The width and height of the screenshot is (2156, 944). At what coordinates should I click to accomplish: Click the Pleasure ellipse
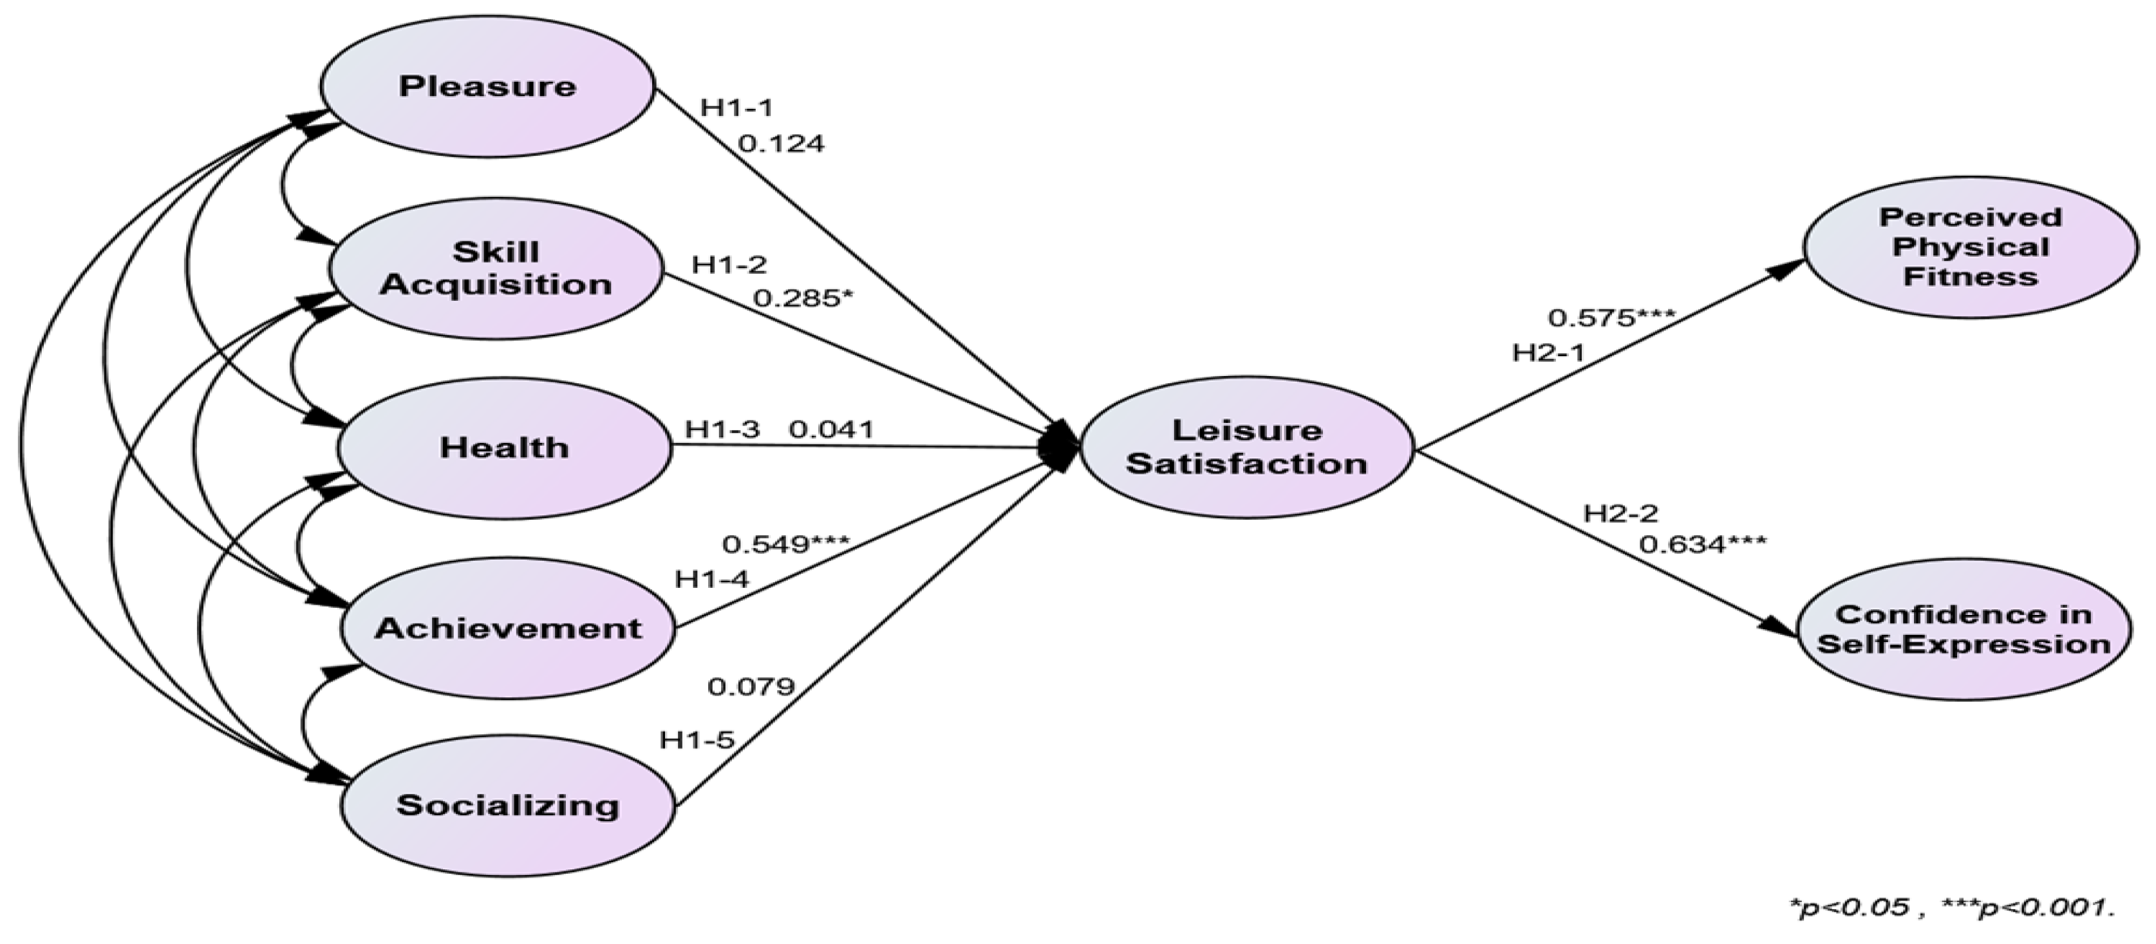point(487,87)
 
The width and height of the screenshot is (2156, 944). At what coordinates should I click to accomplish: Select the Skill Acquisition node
point(496,268)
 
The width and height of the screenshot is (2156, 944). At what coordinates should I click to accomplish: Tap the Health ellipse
point(504,447)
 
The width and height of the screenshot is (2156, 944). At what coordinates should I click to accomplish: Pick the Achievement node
point(507,628)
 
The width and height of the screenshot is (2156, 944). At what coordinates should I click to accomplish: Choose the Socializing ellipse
point(507,805)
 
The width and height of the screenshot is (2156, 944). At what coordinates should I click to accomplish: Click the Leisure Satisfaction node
point(1246,447)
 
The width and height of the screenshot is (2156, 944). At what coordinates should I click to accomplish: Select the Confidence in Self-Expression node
point(1964,629)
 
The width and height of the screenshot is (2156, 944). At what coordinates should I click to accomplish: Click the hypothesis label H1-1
point(736,107)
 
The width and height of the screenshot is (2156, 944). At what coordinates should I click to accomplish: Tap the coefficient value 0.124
point(781,144)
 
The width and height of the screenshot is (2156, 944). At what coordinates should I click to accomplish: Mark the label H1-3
point(722,430)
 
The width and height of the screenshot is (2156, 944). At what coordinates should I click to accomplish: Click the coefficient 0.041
point(831,430)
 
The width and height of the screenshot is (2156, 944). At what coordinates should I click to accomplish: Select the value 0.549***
point(785,545)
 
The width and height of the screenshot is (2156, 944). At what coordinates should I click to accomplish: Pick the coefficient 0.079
point(751,687)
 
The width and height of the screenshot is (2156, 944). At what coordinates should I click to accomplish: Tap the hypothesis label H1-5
point(697,740)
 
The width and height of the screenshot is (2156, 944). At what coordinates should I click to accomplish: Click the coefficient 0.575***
point(1611,318)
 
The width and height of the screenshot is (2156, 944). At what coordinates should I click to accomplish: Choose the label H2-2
point(1621,513)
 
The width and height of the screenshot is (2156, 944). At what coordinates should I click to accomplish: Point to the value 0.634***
point(1702,545)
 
